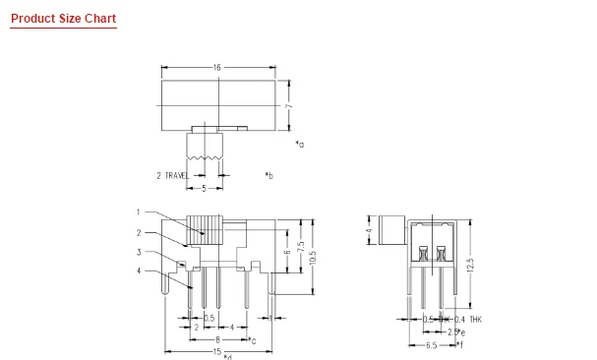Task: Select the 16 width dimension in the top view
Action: pyautogui.click(x=215, y=67)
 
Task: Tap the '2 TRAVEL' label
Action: pyautogui.click(x=173, y=175)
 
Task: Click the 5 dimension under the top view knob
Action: pyautogui.click(x=204, y=187)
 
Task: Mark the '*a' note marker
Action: pyautogui.click(x=299, y=144)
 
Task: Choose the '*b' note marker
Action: pyautogui.click(x=269, y=175)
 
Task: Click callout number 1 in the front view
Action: pyautogui.click(x=139, y=211)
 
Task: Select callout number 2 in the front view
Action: pyautogui.click(x=139, y=232)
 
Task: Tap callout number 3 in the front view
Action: pyautogui.click(x=139, y=252)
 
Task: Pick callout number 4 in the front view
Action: pyautogui.click(x=139, y=270)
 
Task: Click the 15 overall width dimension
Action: pyautogui.click(x=216, y=351)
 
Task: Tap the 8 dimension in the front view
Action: pyautogui.click(x=216, y=338)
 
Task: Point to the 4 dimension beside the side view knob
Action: pyautogui.click(x=368, y=233)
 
